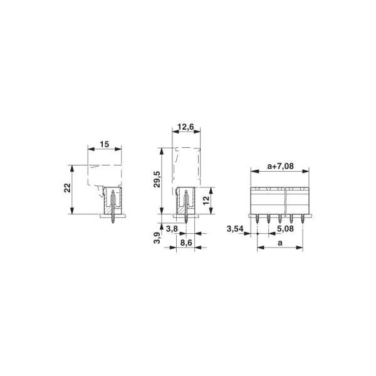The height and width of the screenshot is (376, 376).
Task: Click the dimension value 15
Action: pos(104,144)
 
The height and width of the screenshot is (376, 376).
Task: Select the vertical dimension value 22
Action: pos(68,188)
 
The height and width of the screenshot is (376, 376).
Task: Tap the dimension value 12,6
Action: pos(186,127)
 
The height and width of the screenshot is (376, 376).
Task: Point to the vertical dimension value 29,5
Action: pos(157,179)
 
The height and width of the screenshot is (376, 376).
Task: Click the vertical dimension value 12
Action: pos(206,201)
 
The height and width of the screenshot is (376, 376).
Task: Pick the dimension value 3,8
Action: pos(172,229)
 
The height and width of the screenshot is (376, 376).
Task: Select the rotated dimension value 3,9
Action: pos(157,238)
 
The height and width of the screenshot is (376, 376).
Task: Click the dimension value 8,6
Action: pos(186,243)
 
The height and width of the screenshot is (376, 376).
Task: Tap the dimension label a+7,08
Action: pos(280,166)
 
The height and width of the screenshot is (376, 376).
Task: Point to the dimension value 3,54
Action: pos(235,229)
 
